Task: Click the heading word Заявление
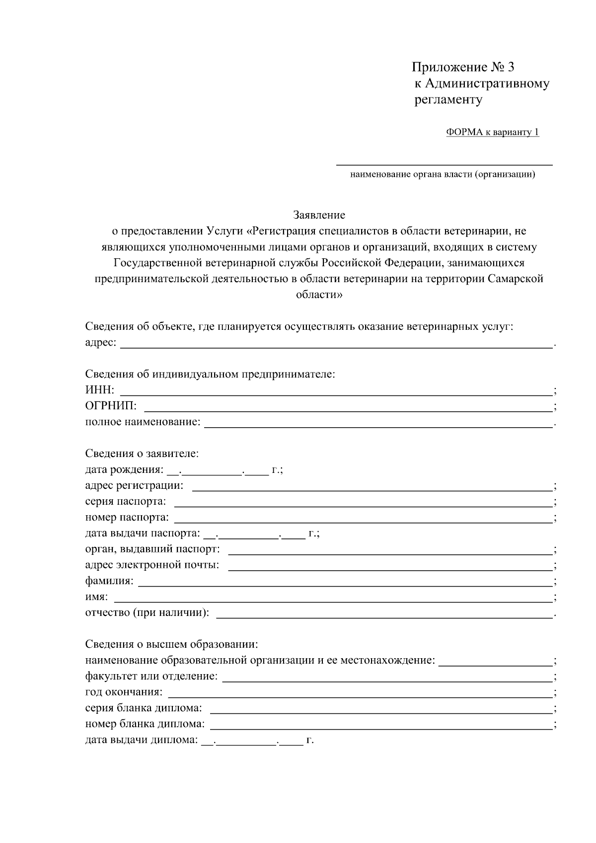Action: (319, 215)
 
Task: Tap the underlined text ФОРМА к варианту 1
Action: (492, 132)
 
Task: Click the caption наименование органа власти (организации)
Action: (443, 174)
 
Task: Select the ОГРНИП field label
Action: (111, 406)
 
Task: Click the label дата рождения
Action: (124, 469)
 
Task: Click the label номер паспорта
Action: (127, 518)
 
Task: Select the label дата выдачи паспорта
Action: (143, 534)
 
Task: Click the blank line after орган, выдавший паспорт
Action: (390, 550)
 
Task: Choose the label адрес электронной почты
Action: (152, 565)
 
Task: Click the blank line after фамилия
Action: (345, 582)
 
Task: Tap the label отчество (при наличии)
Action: (147, 613)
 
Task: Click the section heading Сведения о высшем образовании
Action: (172, 645)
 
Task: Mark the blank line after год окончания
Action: (360, 693)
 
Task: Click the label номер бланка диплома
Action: (145, 724)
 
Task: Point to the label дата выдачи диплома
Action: (141, 740)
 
